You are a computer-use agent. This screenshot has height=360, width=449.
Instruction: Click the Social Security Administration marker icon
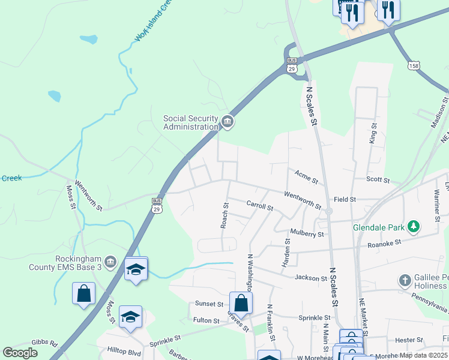pyautogui.click(x=227, y=122)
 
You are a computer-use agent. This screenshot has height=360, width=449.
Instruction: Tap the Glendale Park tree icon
pyautogui.click(x=412, y=226)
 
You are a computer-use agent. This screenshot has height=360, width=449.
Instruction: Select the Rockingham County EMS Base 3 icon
pyautogui.click(x=110, y=262)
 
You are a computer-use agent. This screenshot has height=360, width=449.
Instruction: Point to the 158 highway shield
pyautogui.click(x=412, y=64)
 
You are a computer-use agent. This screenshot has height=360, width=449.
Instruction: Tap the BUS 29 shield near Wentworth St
pyautogui.click(x=157, y=205)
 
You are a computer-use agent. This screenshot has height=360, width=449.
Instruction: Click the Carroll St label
pyautogui.click(x=260, y=206)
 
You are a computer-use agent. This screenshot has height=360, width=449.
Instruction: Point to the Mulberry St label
pyautogui.click(x=307, y=233)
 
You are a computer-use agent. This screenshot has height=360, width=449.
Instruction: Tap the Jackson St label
pyautogui.click(x=310, y=277)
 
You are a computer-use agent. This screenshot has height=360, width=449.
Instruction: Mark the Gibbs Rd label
pyautogui.click(x=45, y=344)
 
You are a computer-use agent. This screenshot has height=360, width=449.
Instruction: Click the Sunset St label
pyautogui.click(x=209, y=304)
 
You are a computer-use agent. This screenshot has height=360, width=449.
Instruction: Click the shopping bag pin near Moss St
pyautogui.click(x=83, y=294)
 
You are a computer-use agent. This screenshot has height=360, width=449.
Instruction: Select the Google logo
pyautogui.click(x=20, y=353)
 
